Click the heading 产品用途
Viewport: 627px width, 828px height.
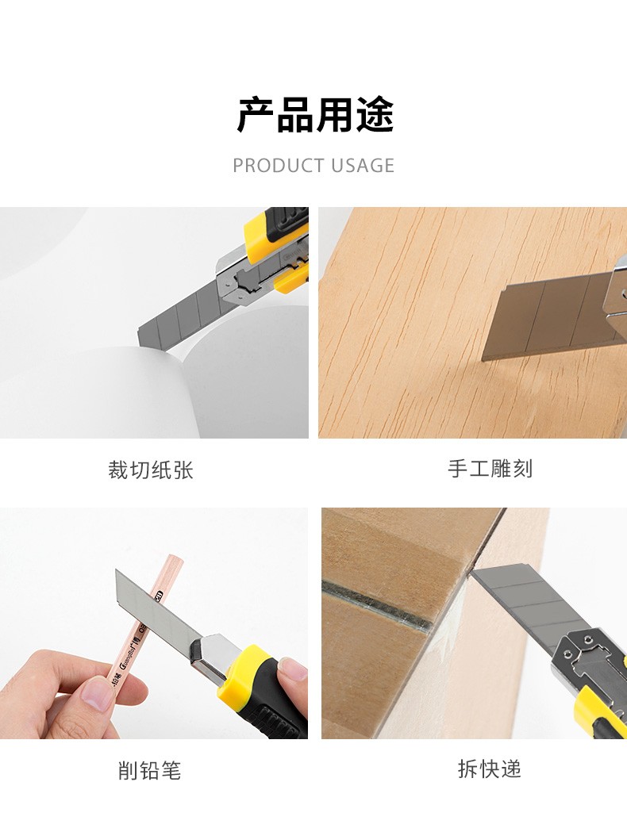(x=315, y=114)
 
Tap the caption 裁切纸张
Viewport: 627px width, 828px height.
(x=151, y=470)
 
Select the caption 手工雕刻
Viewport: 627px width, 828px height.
(x=490, y=469)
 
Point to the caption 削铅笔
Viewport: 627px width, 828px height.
(x=149, y=770)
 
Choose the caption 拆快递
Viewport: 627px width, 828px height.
(x=490, y=769)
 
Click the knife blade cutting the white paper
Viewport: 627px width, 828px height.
(x=180, y=320)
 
